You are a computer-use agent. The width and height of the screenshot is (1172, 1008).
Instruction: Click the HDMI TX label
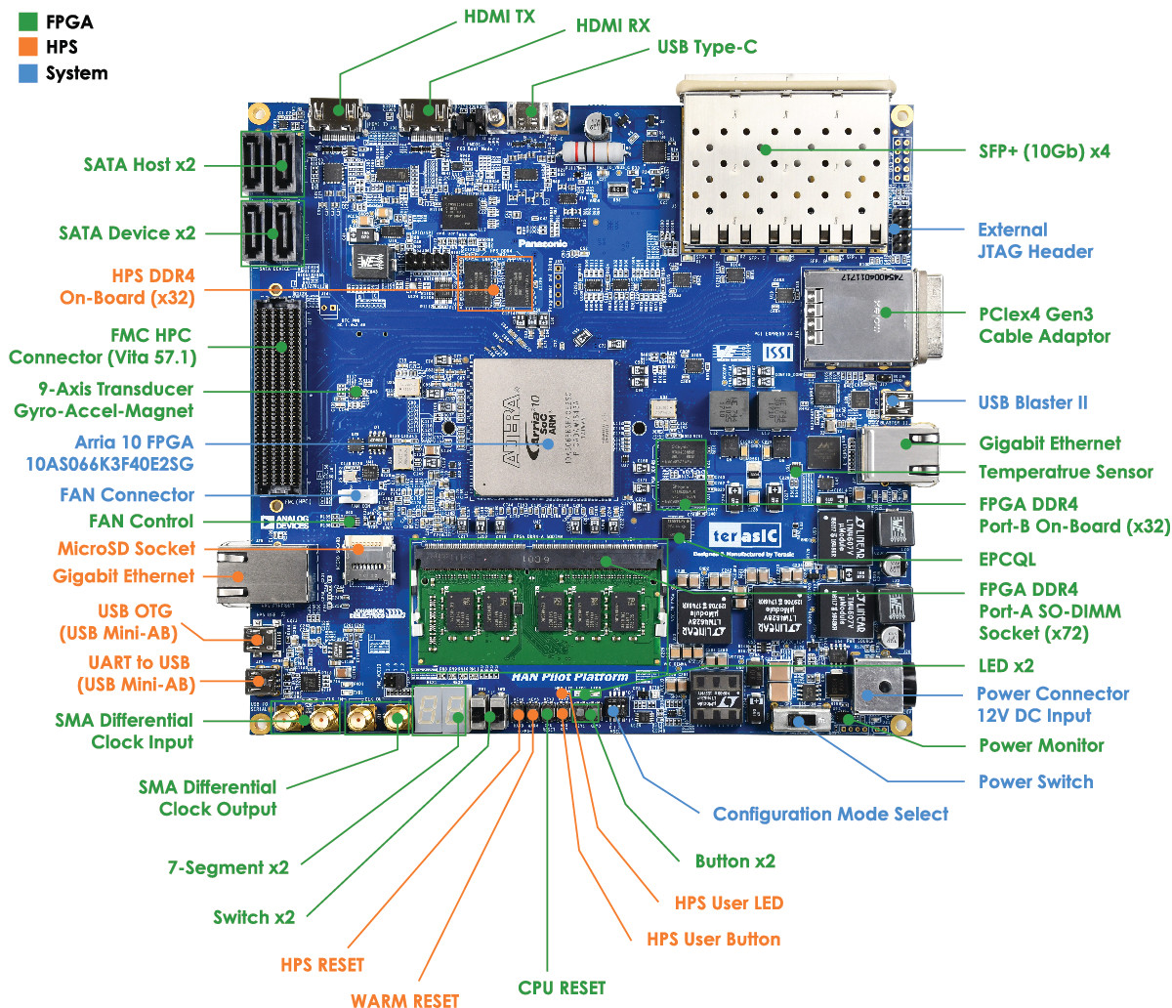pyautogui.click(x=499, y=18)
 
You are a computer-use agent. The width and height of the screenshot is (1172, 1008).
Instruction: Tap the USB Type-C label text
pyautogui.click(x=706, y=47)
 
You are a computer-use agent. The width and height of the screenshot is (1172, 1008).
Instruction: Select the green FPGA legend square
pyautogui.click(x=27, y=21)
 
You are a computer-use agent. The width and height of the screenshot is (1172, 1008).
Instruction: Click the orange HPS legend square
pyautogui.click(x=27, y=47)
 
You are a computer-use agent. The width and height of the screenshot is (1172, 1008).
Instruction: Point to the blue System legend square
pyautogui.click(x=27, y=73)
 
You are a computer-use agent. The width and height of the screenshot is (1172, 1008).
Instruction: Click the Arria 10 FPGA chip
pyautogui.click(x=543, y=428)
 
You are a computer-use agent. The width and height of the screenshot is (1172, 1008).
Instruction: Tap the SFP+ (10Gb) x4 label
pyautogui.click(x=1044, y=151)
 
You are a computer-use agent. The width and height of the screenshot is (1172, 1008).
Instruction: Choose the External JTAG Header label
pyautogui.click(x=1034, y=240)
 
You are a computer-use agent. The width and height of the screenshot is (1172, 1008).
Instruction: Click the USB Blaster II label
pyautogui.click(x=1032, y=402)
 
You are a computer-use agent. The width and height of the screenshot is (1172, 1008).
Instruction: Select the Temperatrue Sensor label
pyautogui.click(x=1066, y=472)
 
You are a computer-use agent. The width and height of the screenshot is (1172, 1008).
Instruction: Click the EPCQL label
pyautogui.click(x=1007, y=560)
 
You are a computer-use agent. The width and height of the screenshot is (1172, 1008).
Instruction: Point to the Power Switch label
pyautogui.click(x=1035, y=781)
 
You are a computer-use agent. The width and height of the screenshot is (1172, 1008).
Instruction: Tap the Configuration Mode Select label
pyautogui.click(x=830, y=814)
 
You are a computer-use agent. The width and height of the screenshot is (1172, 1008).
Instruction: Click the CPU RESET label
pyautogui.click(x=562, y=987)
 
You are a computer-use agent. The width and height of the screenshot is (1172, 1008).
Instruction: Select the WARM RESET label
pyautogui.click(x=404, y=1000)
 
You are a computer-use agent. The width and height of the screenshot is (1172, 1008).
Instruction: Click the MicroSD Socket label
pyautogui.click(x=126, y=549)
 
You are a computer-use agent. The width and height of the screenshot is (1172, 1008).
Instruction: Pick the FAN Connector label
pyautogui.click(x=127, y=495)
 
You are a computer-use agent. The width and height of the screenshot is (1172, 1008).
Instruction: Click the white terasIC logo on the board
pyautogui.click(x=745, y=535)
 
